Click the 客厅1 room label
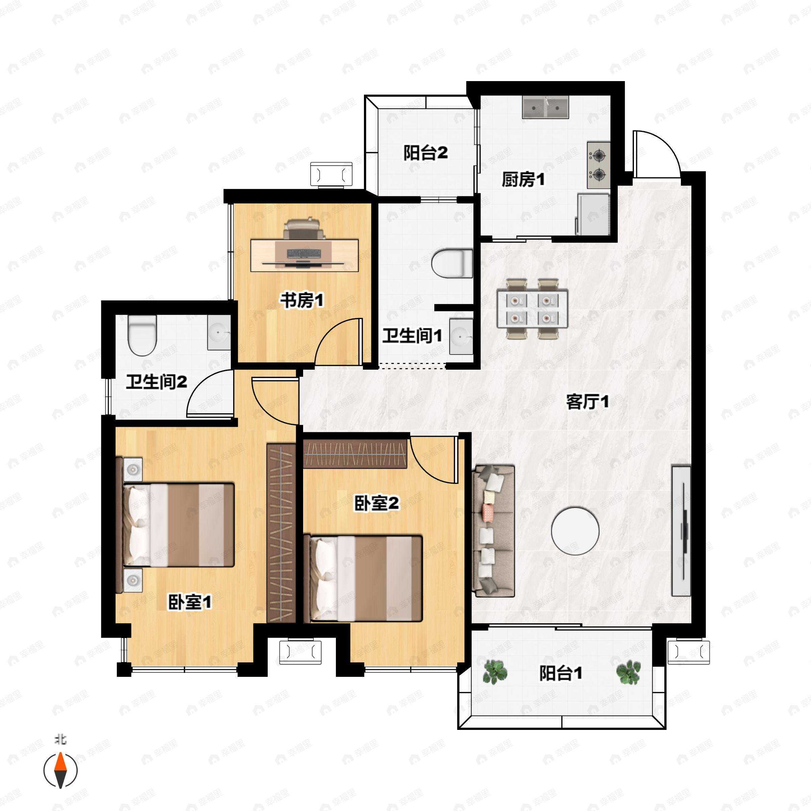coord(587,402)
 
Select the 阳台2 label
coord(426,153)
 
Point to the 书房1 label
coord(302,300)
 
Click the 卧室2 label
coord(376,503)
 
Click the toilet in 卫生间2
coord(142,336)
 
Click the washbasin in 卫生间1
coord(461,337)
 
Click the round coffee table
coord(575,531)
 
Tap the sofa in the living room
coord(494,531)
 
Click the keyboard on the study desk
coord(304,253)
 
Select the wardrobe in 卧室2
coord(355,454)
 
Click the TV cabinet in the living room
coord(681,530)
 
